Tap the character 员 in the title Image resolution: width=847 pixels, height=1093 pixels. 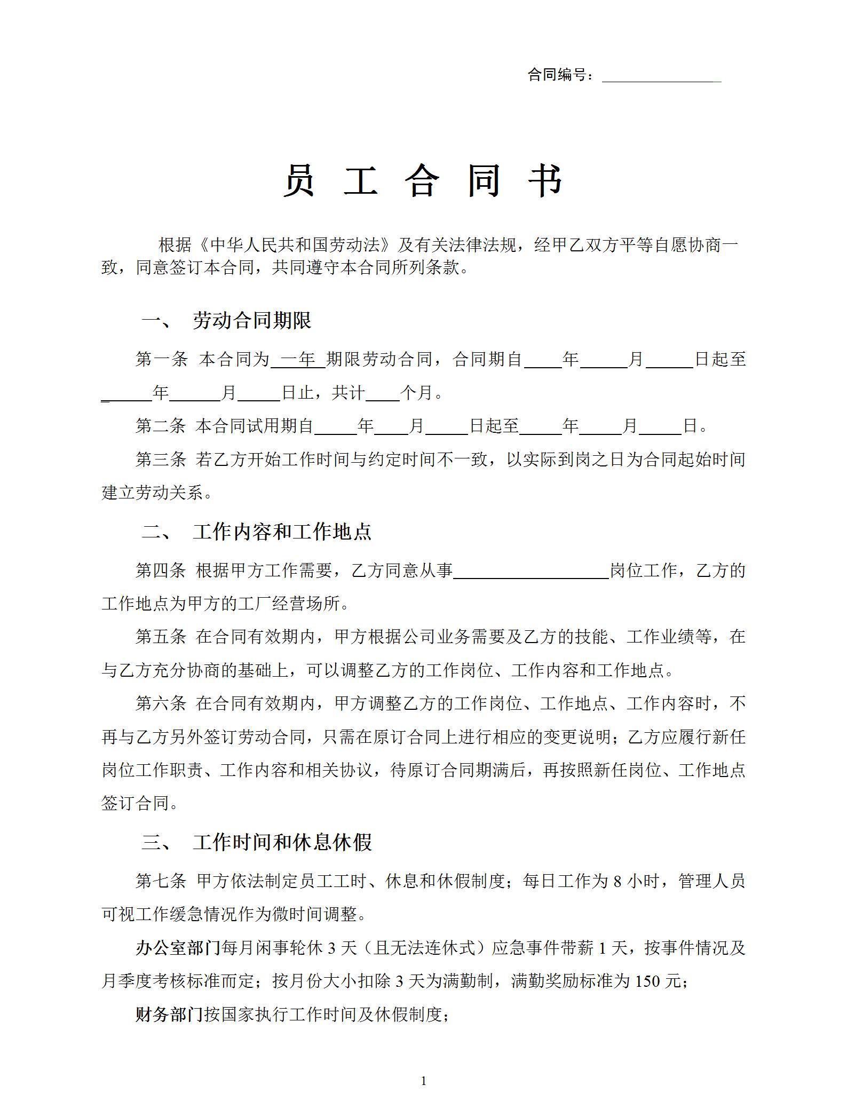(x=299, y=181)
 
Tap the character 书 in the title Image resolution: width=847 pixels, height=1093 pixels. (x=545, y=181)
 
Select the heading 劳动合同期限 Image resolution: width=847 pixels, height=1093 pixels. (x=252, y=321)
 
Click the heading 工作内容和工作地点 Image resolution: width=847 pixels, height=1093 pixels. (x=282, y=532)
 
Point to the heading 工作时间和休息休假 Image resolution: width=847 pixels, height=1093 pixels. (x=282, y=843)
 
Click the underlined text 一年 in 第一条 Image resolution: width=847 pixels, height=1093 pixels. (x=298, y=359)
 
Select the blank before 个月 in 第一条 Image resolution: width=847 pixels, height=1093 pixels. (x=383, y=393)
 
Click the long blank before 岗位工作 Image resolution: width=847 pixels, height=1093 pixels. (x=531, y=571)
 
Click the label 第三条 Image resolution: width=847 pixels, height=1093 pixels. (x=161, y=460)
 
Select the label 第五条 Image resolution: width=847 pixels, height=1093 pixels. (x=161, y=637)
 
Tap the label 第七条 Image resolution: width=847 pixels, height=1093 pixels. (x=161, y=881)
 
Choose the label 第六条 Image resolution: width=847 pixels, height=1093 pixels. (x=161, y=703)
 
